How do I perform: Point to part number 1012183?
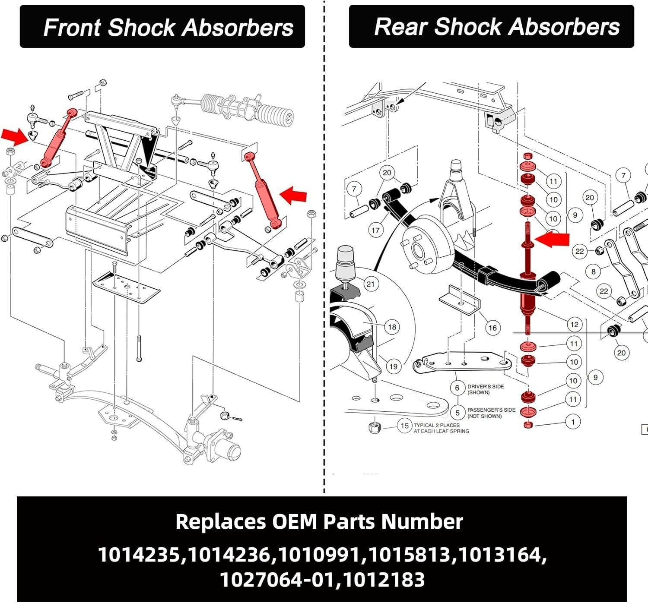tap(384, 579)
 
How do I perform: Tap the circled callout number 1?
tap(573, 422)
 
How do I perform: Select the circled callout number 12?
tap(574, 324)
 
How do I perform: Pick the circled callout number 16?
tap(492, 328)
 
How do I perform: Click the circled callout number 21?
tap(370, 284)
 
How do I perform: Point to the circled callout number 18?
tap(392, 327)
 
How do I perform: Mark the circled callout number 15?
tap(404, 426)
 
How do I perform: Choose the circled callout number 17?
tap(375, 230)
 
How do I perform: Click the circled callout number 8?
tap(593, 272)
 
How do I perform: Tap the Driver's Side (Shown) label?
tap(485, 389)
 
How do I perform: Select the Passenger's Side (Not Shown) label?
tap(491, 413)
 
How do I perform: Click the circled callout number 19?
tap(393, 366)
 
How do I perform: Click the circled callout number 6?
tap(457, 388)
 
